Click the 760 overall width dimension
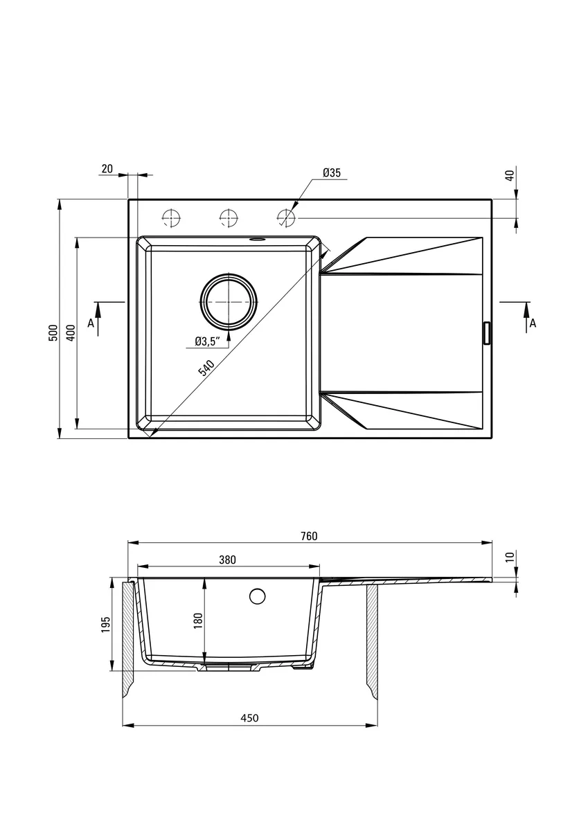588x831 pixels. click(x=309, y=537)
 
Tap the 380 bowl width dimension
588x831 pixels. click(x=227, y=560)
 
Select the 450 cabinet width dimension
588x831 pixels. click(x=249, y=718)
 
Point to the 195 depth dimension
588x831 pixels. click(x=106, y=625)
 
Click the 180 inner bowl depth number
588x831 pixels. click(x=198, y=620)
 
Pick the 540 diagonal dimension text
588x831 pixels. click(x=206, y=367)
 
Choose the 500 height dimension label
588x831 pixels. click(x=54, y=333)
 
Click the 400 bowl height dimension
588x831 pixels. click(x=71, y=333)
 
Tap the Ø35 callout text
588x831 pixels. click(x=332, y=172)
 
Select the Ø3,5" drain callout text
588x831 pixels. click(x=208, y=341)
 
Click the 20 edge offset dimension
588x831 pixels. click(x=107, y=169)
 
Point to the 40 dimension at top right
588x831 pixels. click(x=510, y=175)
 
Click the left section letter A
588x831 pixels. click(x=91, y=323)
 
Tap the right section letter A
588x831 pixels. click(x=533, y=323)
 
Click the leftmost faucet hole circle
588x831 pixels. click(x=171, y=218)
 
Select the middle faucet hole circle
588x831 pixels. click(x=229, y=218)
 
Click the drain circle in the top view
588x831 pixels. click(x=229, y=302)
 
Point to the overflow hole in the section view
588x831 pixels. click(x=257, y=596)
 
